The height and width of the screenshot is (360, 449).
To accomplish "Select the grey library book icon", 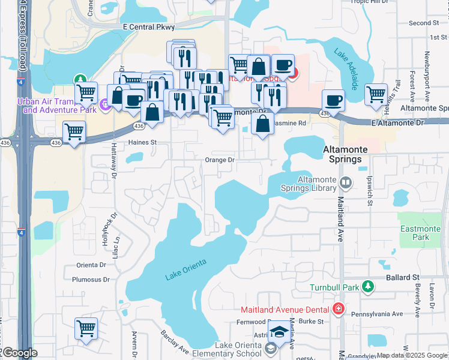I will tap(345, 182).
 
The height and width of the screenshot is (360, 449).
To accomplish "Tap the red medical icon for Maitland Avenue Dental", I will tap(339, 309).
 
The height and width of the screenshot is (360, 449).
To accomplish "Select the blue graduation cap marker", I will tap(279, 331).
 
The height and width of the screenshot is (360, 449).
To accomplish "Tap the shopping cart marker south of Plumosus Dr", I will tap(86, 328).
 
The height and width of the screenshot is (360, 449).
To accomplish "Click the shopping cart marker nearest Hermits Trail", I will tap(376, 94).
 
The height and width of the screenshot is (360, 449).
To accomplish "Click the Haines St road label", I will tap(142, 143).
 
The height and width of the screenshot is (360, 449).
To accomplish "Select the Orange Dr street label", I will tap(219, 160).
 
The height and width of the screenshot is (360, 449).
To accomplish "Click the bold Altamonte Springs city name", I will tap(342, 154).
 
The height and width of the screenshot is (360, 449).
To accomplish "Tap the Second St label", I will tap(424, 23).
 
